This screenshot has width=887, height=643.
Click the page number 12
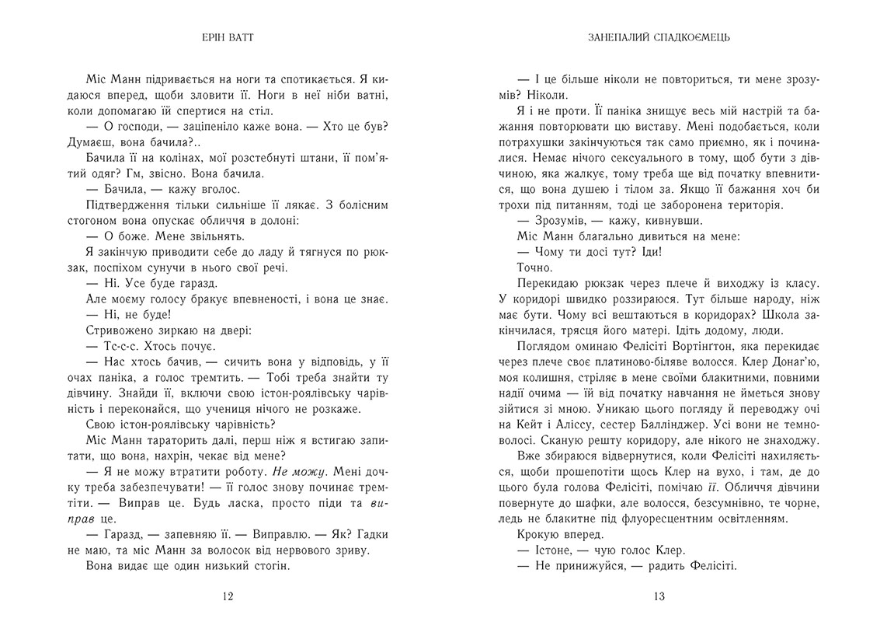[x=228, y=597]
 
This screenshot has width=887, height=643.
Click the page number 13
[x=659, y=597]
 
